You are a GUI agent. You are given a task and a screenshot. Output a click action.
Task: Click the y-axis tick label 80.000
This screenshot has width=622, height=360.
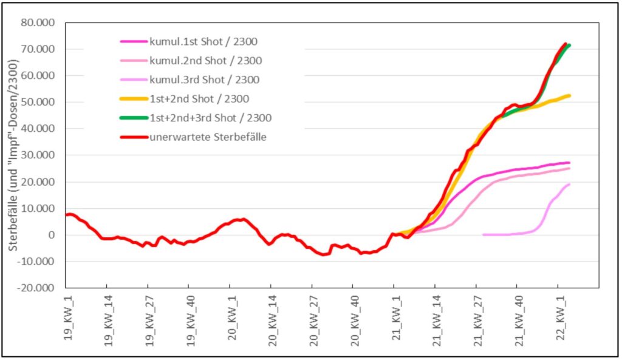coord(38,22)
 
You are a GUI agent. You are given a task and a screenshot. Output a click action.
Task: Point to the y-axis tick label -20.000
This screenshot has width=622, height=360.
coord(36,288)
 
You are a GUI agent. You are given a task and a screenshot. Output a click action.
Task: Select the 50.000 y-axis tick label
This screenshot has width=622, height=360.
coord(38,102)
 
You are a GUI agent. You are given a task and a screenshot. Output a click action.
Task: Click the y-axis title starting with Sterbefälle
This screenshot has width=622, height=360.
coord(13,154)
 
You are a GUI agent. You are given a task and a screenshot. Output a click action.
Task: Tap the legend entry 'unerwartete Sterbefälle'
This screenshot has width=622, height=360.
coord(208,137)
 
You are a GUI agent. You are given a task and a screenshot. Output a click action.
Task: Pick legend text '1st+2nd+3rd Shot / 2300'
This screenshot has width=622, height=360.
coord(210,118)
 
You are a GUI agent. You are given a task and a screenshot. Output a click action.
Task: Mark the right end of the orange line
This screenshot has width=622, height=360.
coord(569,95)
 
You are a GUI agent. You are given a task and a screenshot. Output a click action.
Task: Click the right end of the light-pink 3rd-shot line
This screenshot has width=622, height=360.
coord(569,185)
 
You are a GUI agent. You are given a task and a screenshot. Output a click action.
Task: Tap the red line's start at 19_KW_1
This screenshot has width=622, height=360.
coord(66,215)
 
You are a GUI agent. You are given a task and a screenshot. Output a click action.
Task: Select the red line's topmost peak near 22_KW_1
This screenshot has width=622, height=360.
coord(565,44)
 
